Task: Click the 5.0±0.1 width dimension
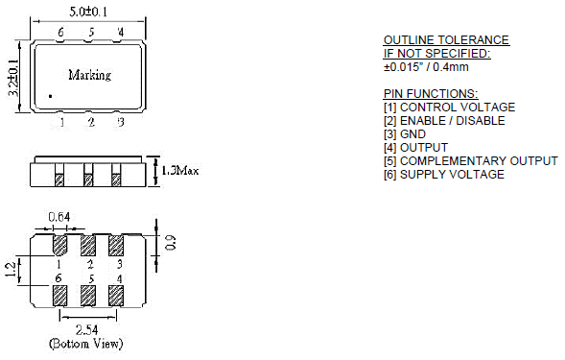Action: (x=88, y=12)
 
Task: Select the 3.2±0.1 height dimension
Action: (x=13, y=78)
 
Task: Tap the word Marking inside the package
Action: (x=90, y=75)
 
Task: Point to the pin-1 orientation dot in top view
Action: (x=51, y=96)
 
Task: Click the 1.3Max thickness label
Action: (x=179, y=170)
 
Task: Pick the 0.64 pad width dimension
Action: (x=59, y=217)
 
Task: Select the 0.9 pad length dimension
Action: (x=171, y=243)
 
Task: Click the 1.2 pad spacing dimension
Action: (x=11, y=270)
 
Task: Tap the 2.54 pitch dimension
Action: (x=86, y=329)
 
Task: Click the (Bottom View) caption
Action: (x=85, y=344)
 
